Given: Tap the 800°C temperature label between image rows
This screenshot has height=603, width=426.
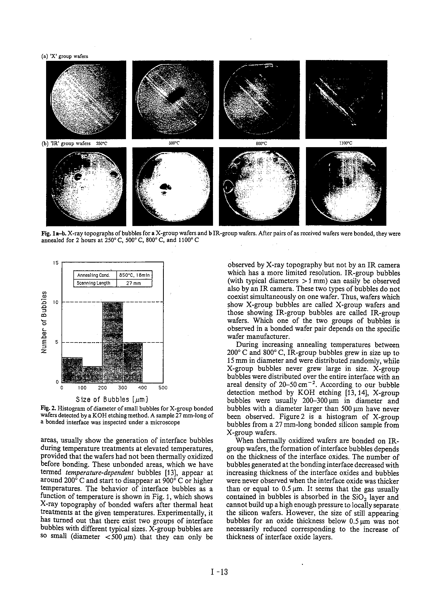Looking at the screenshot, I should tap(261, 143).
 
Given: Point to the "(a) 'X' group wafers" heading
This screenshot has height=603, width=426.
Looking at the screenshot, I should tap(65, 56).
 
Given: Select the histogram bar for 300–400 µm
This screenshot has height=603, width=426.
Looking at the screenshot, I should tap(133, 362).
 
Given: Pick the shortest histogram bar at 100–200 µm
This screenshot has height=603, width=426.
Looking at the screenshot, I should tap(92, 374).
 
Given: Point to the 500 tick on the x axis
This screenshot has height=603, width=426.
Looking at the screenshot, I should tap(163, 388).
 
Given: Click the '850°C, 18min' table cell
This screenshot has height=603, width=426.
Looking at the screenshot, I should tap(134, 275).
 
